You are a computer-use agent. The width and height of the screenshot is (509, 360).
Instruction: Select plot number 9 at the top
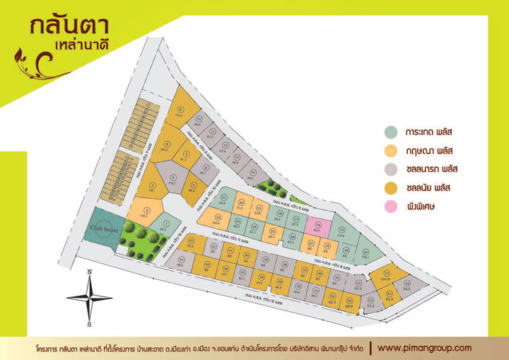[x=182, y=113]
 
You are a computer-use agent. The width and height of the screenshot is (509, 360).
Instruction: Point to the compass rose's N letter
[x=89, y=272]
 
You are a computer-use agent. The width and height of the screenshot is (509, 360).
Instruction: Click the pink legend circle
[x=391, y=206]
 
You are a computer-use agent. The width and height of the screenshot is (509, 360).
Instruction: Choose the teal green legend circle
[x=391, y=132]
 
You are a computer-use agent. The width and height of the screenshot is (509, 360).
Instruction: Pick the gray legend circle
[x=391, y=169]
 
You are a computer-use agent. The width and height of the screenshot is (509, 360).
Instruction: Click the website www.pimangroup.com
[x=424, y=348]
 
